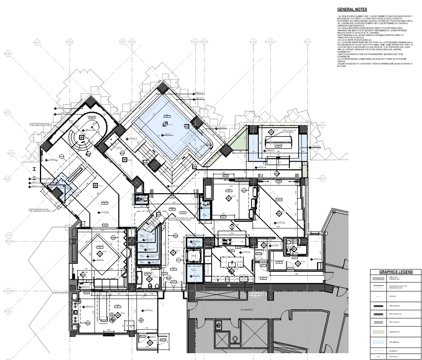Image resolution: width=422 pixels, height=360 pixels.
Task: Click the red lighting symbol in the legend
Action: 378,356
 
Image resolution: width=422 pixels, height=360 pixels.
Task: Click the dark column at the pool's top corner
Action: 163,86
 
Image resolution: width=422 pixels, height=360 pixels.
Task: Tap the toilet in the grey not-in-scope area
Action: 236,340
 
